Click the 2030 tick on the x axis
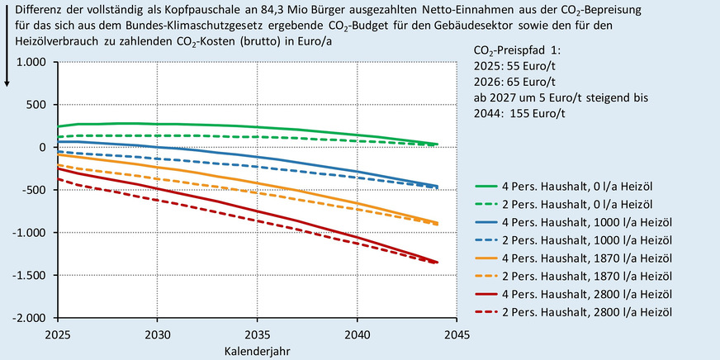(158, 335)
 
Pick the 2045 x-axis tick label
(457, 335)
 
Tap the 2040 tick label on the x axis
(357, 335)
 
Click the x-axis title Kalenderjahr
(257, 350)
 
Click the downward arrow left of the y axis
(7, 74)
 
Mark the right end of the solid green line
(437, 144)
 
